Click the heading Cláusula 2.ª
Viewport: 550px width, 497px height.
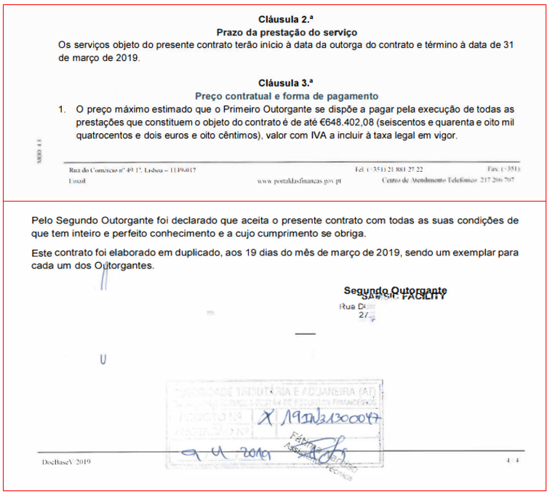285,19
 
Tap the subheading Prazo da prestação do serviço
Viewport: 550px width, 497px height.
287,32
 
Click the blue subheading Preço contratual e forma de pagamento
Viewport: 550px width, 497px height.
287,95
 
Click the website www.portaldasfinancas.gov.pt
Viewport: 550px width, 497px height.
300,180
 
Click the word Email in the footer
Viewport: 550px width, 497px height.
76,180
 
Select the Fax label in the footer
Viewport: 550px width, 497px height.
492,170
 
